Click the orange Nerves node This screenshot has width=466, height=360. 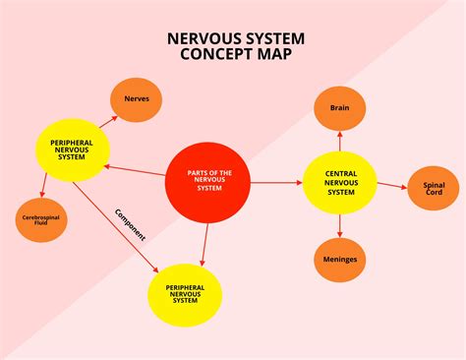tap(137, 99)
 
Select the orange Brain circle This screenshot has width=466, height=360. tap(340, 108)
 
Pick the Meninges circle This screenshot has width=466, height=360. tap(340, 260)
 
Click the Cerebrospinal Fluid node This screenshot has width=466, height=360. tap(41, 219)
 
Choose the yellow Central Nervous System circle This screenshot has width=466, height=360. tap(340, 183)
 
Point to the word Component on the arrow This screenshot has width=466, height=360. tap(130, 225)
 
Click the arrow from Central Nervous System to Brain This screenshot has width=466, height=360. tap(340, 141)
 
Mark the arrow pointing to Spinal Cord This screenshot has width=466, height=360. tap(392, 184)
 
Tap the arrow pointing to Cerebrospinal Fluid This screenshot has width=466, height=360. tap(44, 188)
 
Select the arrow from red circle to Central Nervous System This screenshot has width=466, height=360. tap(279, 183)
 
